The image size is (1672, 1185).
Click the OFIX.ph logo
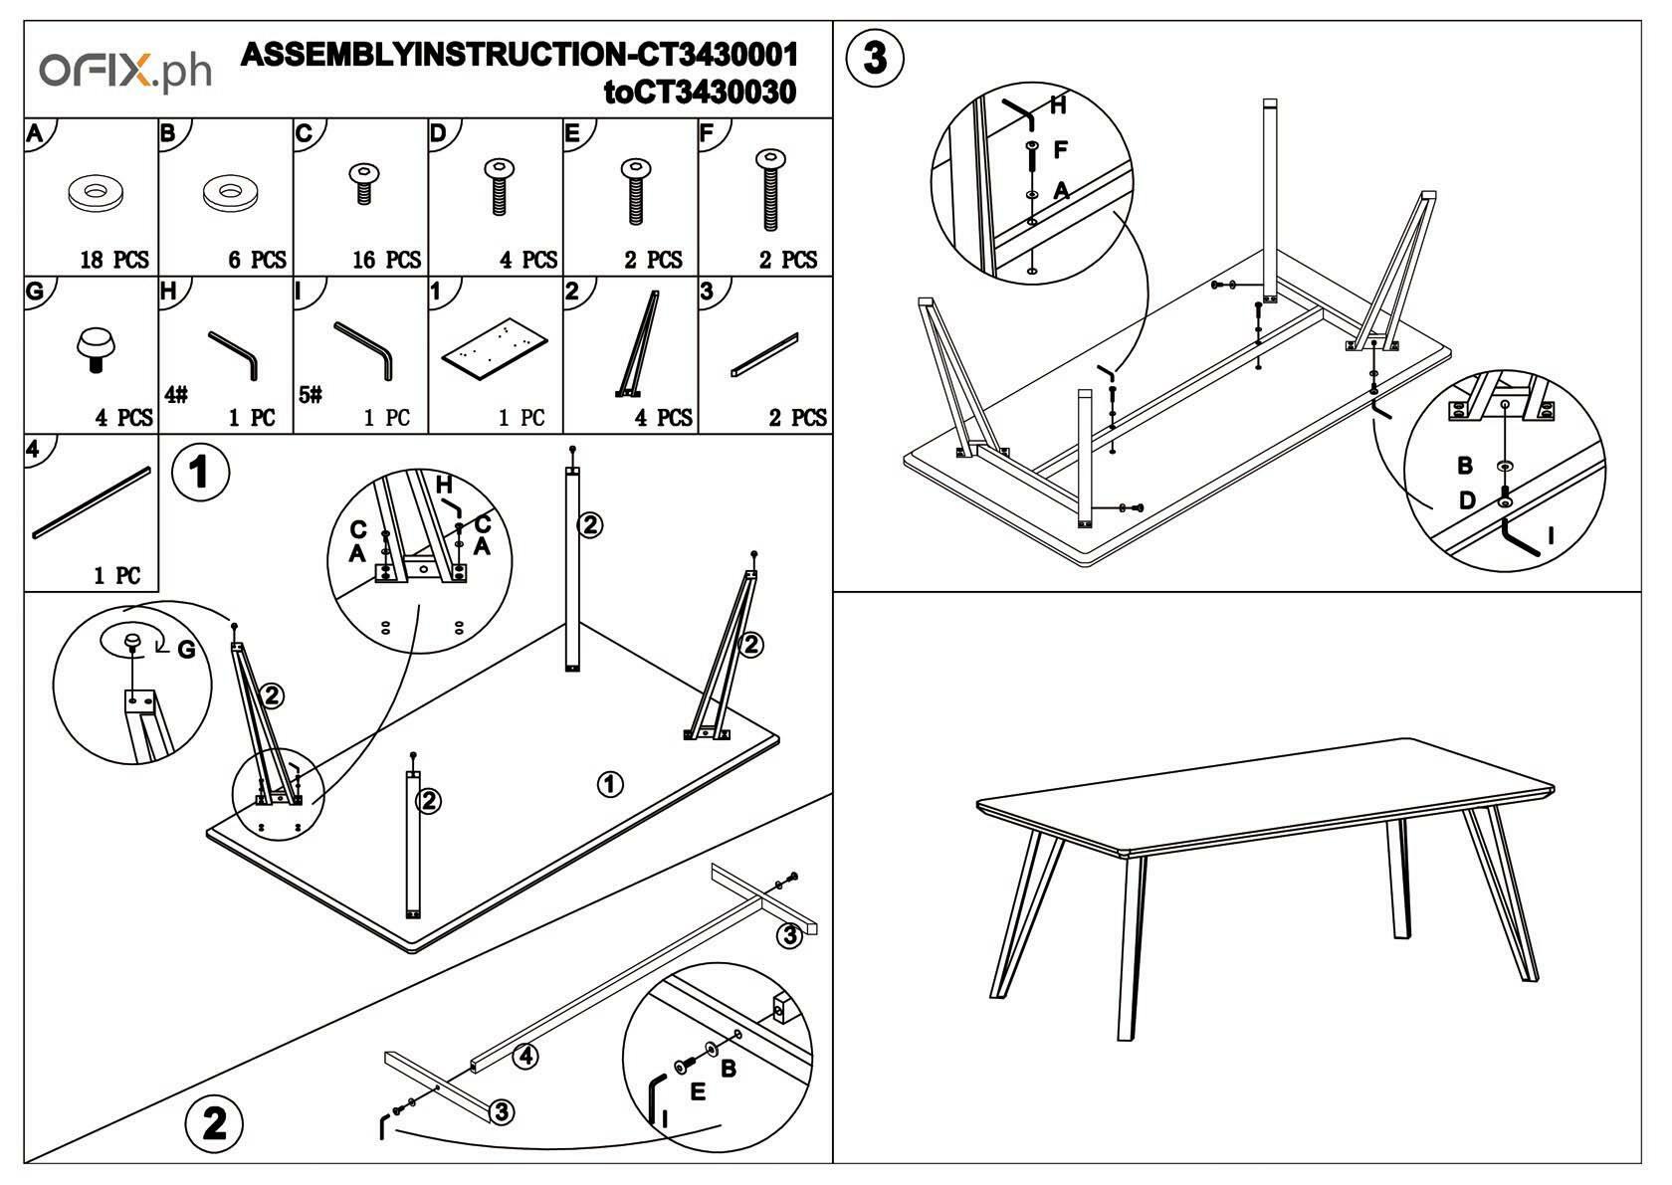(x=125, y=72)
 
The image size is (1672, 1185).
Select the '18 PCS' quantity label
(x=114, y=260)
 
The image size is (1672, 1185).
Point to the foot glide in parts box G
(x=96, y=348)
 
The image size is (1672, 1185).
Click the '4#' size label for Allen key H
(x=176, y=395)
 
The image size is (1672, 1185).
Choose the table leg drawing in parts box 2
(x=637, y=343)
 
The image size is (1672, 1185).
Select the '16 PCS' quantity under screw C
(x=387, y=260)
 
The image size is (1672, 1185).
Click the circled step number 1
(x=200, y=472)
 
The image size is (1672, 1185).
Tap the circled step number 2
(x=214, y=1123)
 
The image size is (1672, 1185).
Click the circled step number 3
(x=874, y=58)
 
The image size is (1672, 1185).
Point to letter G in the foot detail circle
(x=186, y=650)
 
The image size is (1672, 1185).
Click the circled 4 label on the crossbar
(x=525, y=1056)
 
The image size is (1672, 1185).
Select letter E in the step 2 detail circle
(x=698, y=1091)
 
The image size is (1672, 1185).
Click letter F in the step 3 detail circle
(x=1060, y=149)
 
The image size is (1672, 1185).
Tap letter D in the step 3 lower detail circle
(x=1466, y=500)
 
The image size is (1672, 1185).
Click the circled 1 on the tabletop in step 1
(x=610, y=784)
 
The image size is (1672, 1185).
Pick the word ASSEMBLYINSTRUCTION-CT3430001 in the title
(x=520, y=54)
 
